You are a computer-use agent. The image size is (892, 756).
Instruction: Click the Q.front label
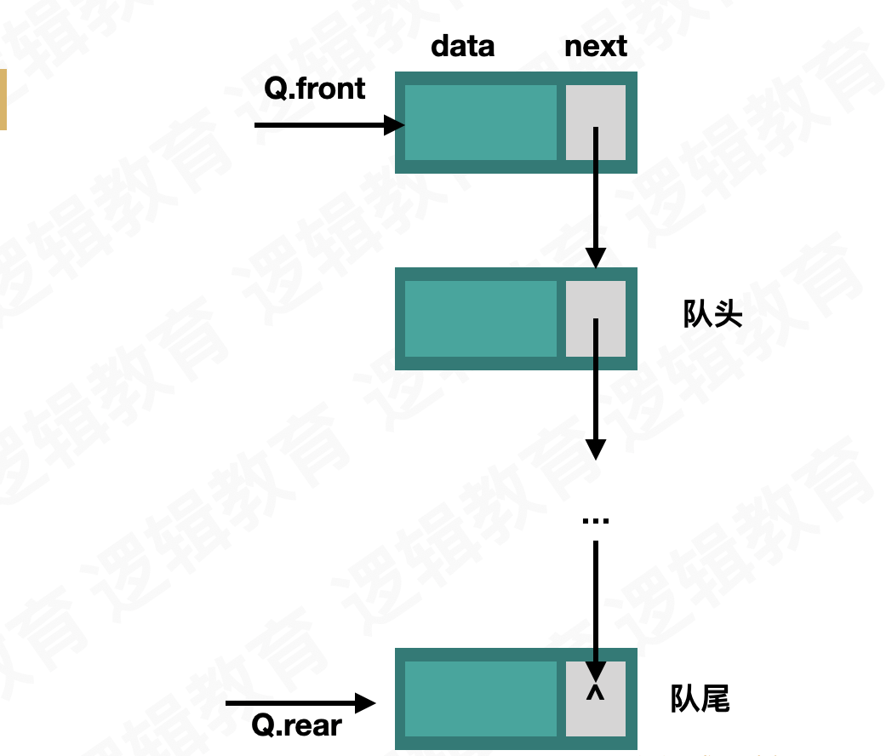[315, 89]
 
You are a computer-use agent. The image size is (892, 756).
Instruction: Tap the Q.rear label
[297, 725]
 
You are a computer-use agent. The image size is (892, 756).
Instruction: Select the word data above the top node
[462, 46]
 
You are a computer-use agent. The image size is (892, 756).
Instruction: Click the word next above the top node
[596, 46]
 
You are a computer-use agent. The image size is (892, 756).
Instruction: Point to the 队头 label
[712, 314]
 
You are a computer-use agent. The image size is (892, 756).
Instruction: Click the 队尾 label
[700, 699]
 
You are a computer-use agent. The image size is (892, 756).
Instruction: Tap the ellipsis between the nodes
[595, 520]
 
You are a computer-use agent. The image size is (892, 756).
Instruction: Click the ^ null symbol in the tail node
[595, 694]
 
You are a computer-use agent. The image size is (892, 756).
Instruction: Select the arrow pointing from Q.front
[329, 126]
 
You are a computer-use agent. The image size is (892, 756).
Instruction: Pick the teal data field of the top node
[480, 123]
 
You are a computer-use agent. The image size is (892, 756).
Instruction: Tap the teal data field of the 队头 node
[480, 318]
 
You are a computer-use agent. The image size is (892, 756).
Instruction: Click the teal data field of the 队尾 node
[480, 699]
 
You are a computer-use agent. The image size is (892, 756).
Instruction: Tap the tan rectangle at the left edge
[3, 100]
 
